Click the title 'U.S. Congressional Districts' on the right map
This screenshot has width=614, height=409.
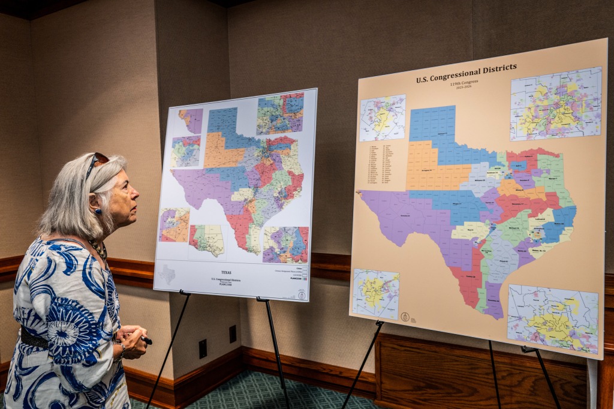click(466, 73)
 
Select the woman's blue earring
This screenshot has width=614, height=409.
click(98, 211)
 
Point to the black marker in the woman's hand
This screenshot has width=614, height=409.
click(146, 340)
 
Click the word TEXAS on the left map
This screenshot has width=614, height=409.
click(225, 272)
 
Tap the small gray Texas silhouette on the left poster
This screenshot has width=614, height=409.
click(167, 275)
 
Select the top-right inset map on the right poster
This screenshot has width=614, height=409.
click(555, 103)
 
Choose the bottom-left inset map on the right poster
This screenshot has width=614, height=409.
click(376, 294)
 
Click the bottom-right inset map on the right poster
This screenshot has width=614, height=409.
click(552, 319)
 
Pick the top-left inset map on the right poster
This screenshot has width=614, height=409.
click(382, 118)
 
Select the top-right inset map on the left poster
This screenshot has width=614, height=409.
click(280, 113)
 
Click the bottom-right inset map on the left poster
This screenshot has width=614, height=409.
click(285, 245)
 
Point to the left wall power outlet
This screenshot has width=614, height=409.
click(203, 348)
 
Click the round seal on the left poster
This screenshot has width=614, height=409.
click(302, 294)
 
